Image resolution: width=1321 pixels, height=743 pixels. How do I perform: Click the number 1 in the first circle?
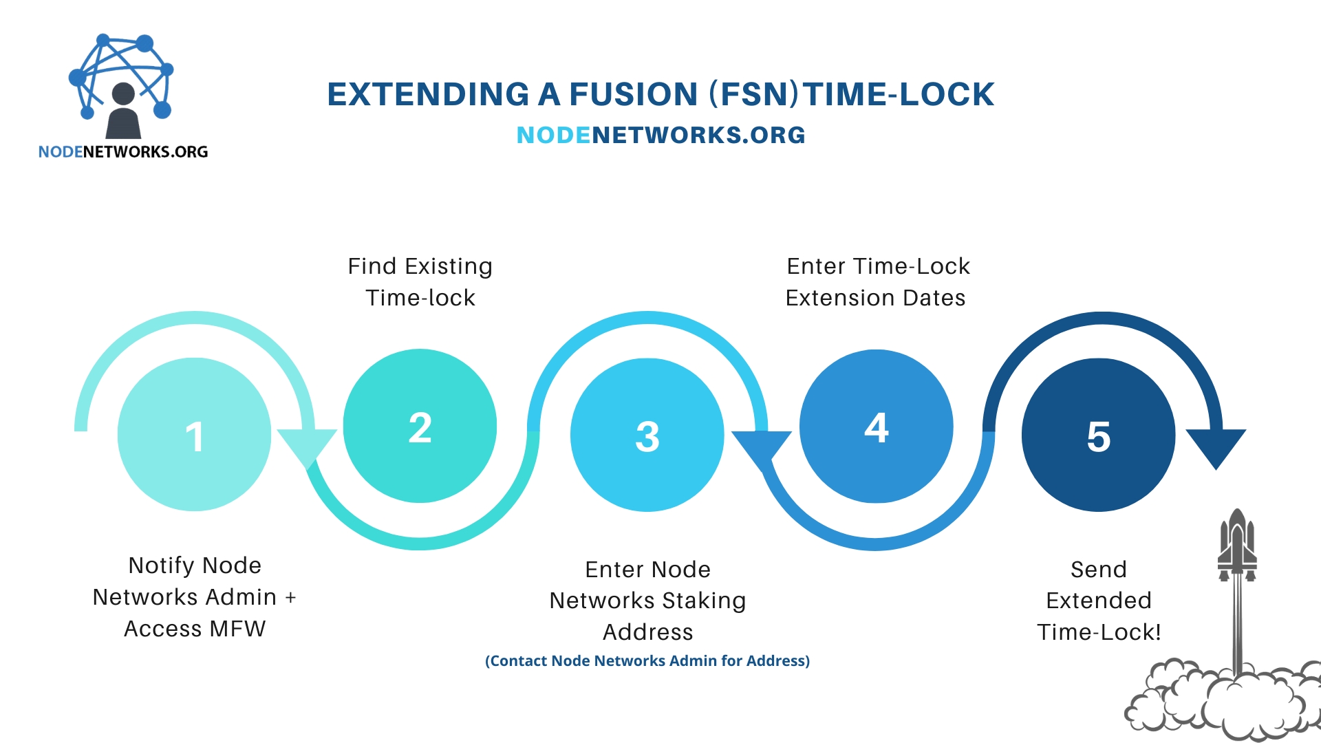195,437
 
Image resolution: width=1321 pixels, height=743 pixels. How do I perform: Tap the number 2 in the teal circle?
420,428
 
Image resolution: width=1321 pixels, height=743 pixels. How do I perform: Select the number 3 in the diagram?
647,437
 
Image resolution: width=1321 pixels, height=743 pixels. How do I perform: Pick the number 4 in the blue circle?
876,428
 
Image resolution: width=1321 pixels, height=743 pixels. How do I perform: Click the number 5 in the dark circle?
1098,437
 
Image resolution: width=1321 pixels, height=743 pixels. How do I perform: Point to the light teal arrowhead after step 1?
306,446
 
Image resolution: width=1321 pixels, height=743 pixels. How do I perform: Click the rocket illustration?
1237,550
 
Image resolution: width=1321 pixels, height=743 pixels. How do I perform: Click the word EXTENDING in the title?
428,95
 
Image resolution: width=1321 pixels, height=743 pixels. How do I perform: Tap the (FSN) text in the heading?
754,95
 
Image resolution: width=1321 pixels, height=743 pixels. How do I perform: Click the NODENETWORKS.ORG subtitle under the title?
660,136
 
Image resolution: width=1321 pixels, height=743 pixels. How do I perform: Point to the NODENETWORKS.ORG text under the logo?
123,152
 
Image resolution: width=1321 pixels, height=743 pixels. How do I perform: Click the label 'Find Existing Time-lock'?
420,282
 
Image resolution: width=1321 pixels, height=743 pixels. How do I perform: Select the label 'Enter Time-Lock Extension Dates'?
877,282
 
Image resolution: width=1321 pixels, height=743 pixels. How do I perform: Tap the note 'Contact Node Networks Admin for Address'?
647,661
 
